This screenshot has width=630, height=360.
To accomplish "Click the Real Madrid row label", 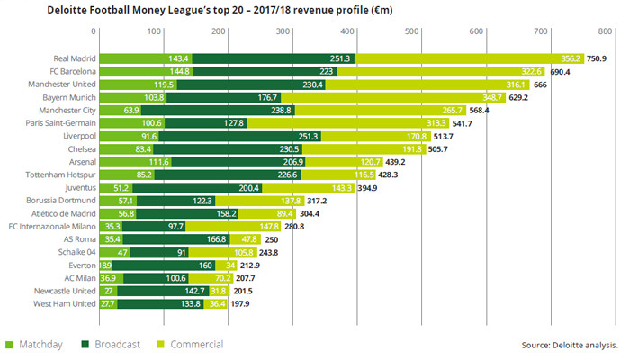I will pyautogui.click(x=72, y=58).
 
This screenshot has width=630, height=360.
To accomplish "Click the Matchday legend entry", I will pyautogui.click(x=35, y=344).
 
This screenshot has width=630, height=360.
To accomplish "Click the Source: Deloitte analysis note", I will pyautogui.click(x=569, y=345).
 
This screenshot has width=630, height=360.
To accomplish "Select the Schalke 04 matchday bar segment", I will pyautogui.click(x=114, y=253).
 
